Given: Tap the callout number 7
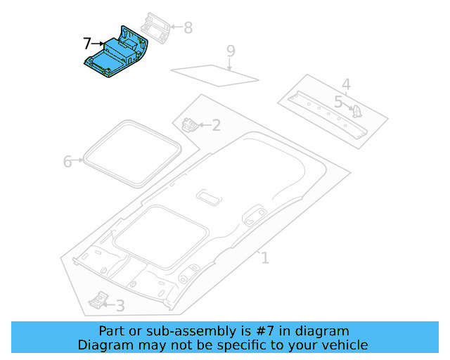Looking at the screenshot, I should [86, 44].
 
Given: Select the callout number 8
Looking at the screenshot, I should [188, 28].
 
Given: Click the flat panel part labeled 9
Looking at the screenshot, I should [214, 73].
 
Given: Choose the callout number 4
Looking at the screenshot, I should [346, 85].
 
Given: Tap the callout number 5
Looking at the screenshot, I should [338, 103].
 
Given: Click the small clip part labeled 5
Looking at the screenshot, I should [356, 110].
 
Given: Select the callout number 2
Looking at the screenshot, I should [216, 126].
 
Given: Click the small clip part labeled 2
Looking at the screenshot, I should [189, 125].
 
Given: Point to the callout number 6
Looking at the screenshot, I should [67, 162].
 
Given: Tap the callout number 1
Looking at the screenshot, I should [265, 258].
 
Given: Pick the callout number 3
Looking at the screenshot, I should [120, 306].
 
